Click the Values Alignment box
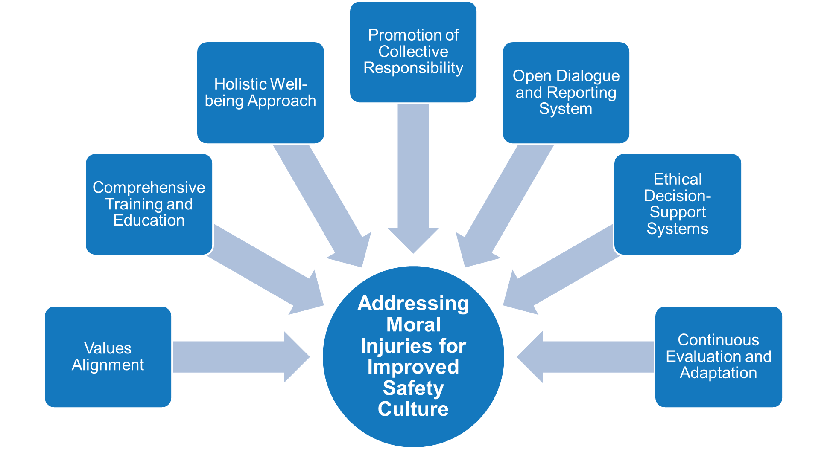[108, 356]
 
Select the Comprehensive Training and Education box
[149, 204]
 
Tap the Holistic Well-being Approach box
[260, 93]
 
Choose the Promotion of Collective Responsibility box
[413, 52]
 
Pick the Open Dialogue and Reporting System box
[566, 93]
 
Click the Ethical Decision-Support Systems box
[677, 204]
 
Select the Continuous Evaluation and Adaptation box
[718, 356]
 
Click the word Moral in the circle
[413, 324]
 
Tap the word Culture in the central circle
[413, 409]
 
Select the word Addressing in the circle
[413, 304]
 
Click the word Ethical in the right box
[677, 179]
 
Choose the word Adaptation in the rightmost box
[718, 373]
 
